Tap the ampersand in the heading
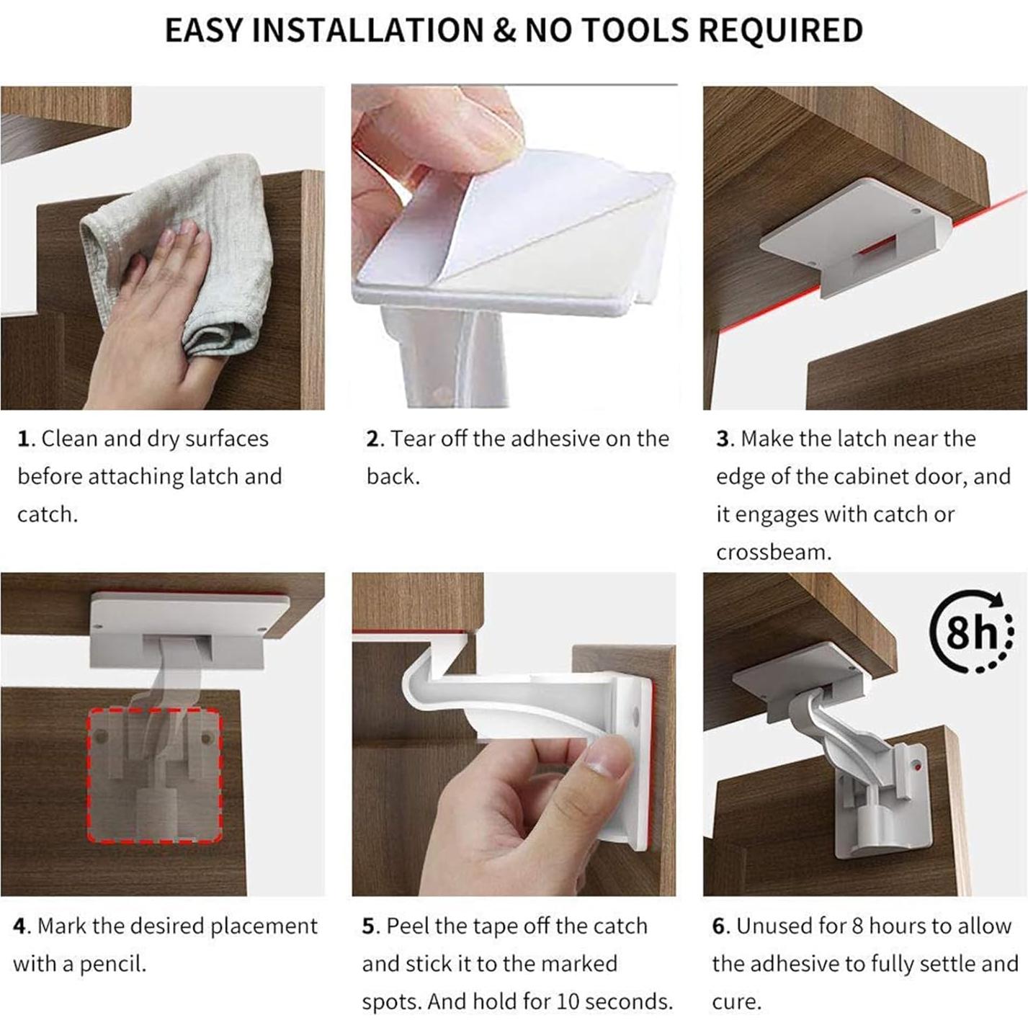(x=505, y=30)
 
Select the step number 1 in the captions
(x=22, y=439)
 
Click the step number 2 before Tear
(x=372, y=439)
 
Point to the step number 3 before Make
(x=723, y=439)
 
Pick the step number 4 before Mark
(x=19, y=926)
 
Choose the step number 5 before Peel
(x=368, y=926)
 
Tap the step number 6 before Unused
(x=718, y=926)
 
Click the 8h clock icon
(x=972, y=633)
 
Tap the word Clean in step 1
(x=69, y=439)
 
